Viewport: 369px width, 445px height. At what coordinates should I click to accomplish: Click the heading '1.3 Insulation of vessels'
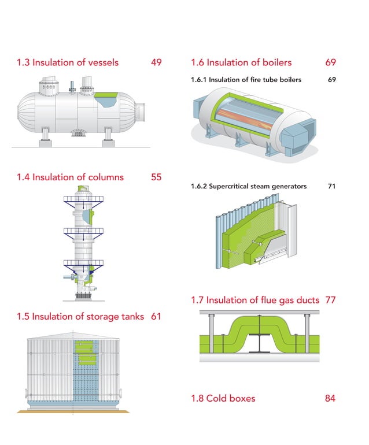tap(68, 62)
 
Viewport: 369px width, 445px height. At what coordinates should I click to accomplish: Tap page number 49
tap(156, 62)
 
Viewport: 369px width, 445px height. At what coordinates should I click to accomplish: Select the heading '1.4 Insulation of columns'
tap(70, 177)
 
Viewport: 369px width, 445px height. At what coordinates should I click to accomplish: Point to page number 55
tap(156, 177)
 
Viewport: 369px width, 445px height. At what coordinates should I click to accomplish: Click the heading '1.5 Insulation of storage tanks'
tap(80, 316)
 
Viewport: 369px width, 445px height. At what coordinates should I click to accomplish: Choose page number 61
tap(156, 316)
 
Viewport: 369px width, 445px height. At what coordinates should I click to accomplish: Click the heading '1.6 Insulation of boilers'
tap(241, 62)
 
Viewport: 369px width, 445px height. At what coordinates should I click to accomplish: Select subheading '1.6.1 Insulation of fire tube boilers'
tap(246, 79)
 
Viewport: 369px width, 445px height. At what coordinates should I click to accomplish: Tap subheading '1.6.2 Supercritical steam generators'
tap(249, 186)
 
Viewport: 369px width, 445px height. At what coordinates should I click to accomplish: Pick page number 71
tap(331, 186)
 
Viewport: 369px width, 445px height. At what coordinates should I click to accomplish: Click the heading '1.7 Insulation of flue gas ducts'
tap(255, 300)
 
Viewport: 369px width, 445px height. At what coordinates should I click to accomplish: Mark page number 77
tap(330, 300)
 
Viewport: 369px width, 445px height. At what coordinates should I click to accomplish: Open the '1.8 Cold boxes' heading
tap(223, 398)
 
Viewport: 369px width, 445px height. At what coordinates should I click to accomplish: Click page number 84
tap(330, 398)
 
